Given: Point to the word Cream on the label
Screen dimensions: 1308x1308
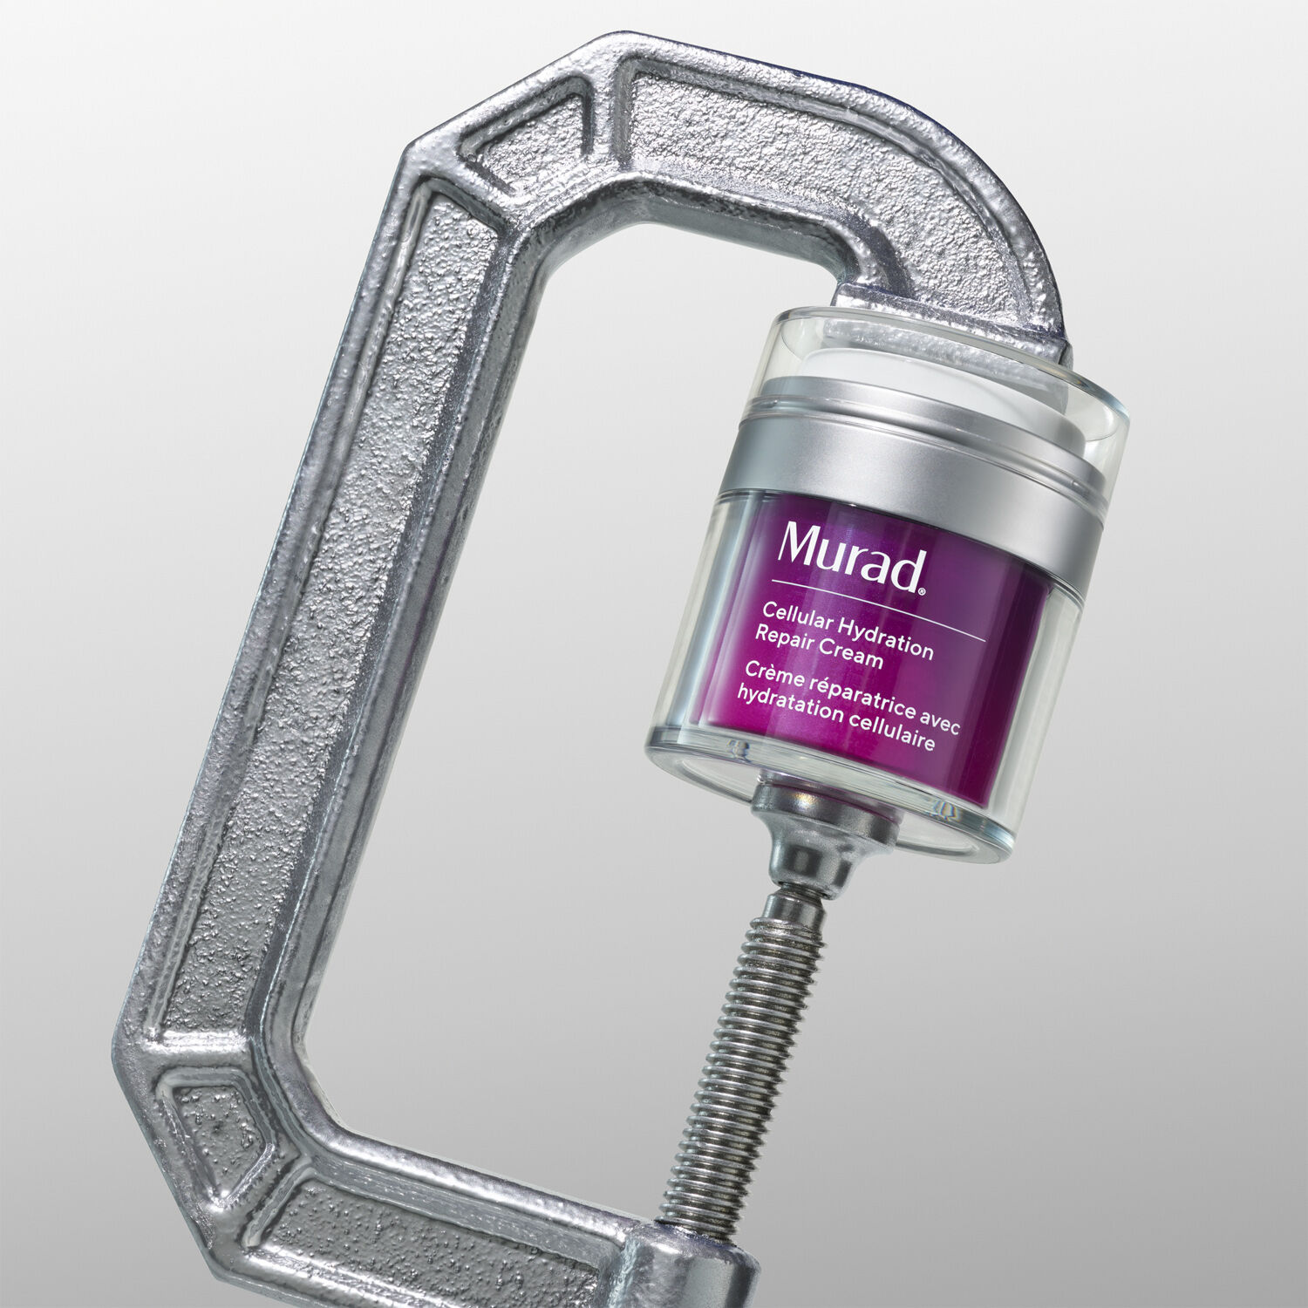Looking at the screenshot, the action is [851, 656].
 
